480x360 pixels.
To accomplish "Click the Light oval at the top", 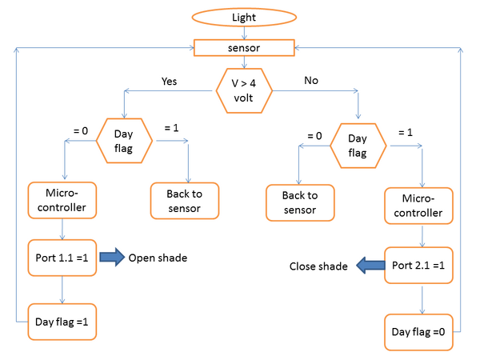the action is pos(244,17).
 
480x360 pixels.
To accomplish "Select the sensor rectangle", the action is pos(244,48).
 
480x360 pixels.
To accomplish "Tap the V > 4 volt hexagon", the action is pos(244,90).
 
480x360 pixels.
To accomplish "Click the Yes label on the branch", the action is pos(169,81).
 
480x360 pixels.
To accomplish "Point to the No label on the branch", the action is pos(311,80).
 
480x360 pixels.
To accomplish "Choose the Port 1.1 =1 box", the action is pos(62,258).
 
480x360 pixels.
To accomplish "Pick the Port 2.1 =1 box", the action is pos(418,265).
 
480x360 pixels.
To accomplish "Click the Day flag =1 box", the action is pos(62,322).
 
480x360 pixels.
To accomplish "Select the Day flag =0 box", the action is pos(418,332).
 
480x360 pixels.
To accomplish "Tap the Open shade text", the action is pos(158,258).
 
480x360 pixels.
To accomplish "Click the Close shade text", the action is pos(318,266).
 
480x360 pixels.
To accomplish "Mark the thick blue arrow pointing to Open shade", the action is pos(112,257).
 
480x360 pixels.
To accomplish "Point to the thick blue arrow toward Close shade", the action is pos(370,265).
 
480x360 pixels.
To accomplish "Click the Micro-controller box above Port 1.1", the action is pos(62,200).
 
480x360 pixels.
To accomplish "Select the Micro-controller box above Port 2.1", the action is pos(418,206).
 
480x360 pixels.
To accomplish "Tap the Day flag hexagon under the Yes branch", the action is pos(124,141).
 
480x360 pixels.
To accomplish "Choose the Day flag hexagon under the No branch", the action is pos(358,146).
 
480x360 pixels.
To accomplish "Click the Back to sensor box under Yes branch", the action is pos(185,201).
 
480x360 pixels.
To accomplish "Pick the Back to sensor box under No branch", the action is pos(300,202).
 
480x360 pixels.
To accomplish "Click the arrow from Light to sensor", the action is pos(244,33).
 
